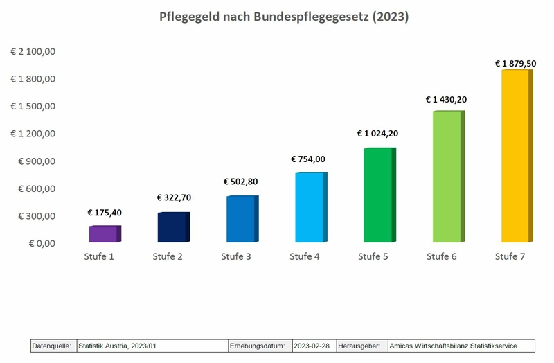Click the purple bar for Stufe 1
point(104,234)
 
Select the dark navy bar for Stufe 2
point(172,227)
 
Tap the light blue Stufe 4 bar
point(309,208)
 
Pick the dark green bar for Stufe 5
point(377,195)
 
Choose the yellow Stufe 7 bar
point(514,156)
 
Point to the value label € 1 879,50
point(515,63)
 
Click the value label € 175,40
point(105,213)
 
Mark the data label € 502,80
point(241,181)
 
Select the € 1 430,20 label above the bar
point(446,99)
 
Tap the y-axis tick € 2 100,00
point(33,51)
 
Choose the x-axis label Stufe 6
point(442,257)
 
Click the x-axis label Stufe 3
point(237,257)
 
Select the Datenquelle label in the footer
point(53,346)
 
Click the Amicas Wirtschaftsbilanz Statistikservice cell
point(453,346)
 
